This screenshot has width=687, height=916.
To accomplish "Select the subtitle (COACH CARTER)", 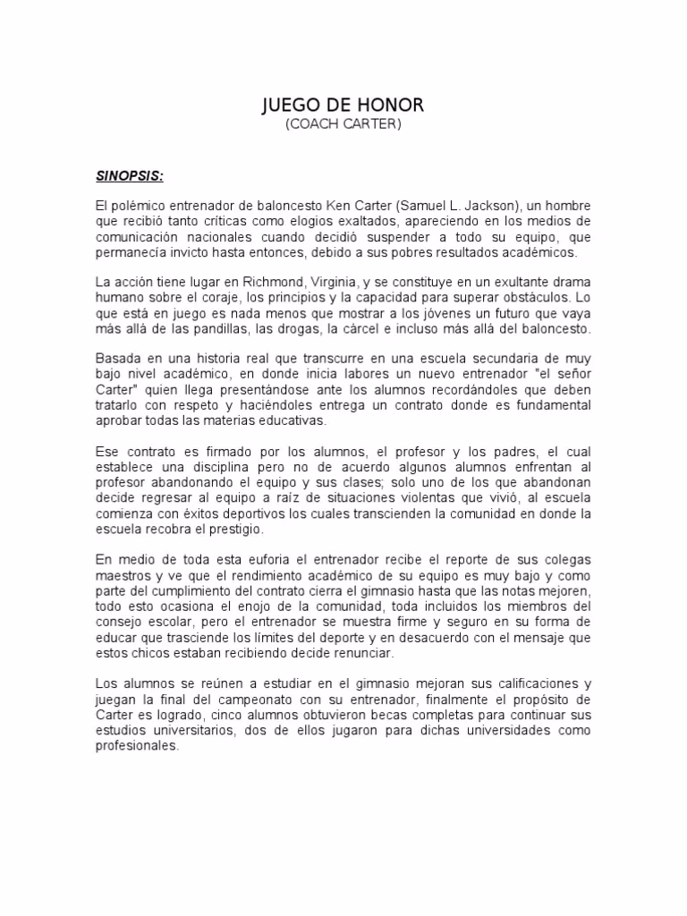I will pyautogui.click(x=343, y=124).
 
